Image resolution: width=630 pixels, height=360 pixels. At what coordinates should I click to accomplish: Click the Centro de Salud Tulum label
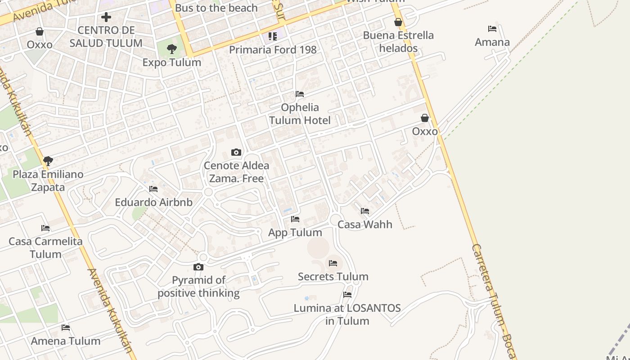tap(106, 37)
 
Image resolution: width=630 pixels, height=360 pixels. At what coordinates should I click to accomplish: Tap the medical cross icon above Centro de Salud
tap(106, 17)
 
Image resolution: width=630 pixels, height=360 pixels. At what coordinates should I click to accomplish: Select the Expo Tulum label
tap(171, 63)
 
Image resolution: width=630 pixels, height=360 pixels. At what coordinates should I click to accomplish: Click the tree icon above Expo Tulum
tap(171, 49)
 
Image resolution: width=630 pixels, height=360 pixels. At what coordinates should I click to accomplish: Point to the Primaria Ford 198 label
tap(273, 49)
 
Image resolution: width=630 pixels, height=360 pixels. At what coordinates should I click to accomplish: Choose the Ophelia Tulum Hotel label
tap(300, 114)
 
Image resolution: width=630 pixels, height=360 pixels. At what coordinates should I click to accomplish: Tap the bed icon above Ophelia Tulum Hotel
tap(300, 94)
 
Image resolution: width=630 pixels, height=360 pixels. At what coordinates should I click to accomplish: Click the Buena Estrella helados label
tap(398, 41)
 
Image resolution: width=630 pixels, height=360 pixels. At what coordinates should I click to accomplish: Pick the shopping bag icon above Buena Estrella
tap(398, 22)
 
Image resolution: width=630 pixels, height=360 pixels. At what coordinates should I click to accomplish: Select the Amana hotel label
tap(492, 42)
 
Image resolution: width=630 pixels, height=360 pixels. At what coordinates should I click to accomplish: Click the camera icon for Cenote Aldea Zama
tap(236, 152)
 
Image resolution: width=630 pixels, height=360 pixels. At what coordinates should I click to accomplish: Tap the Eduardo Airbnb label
tap(153, 202)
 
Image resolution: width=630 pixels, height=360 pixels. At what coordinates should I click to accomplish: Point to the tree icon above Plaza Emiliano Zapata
tap(48, 161)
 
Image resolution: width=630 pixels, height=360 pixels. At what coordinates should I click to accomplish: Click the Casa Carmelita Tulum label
tap(45, 247)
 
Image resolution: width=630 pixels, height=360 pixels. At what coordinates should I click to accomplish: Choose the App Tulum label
tap(295, 233)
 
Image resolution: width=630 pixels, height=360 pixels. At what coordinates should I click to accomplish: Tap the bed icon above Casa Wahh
tap(365, 211)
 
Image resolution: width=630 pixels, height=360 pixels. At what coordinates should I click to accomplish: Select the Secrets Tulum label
tap(333, 276)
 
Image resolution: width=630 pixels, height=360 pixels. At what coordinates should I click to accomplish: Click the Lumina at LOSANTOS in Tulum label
tap(347, 315)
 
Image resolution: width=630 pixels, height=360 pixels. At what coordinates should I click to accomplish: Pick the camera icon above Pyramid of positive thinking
tap(198, 267)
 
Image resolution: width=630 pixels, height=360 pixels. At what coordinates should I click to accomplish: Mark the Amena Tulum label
tap(66, 341)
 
